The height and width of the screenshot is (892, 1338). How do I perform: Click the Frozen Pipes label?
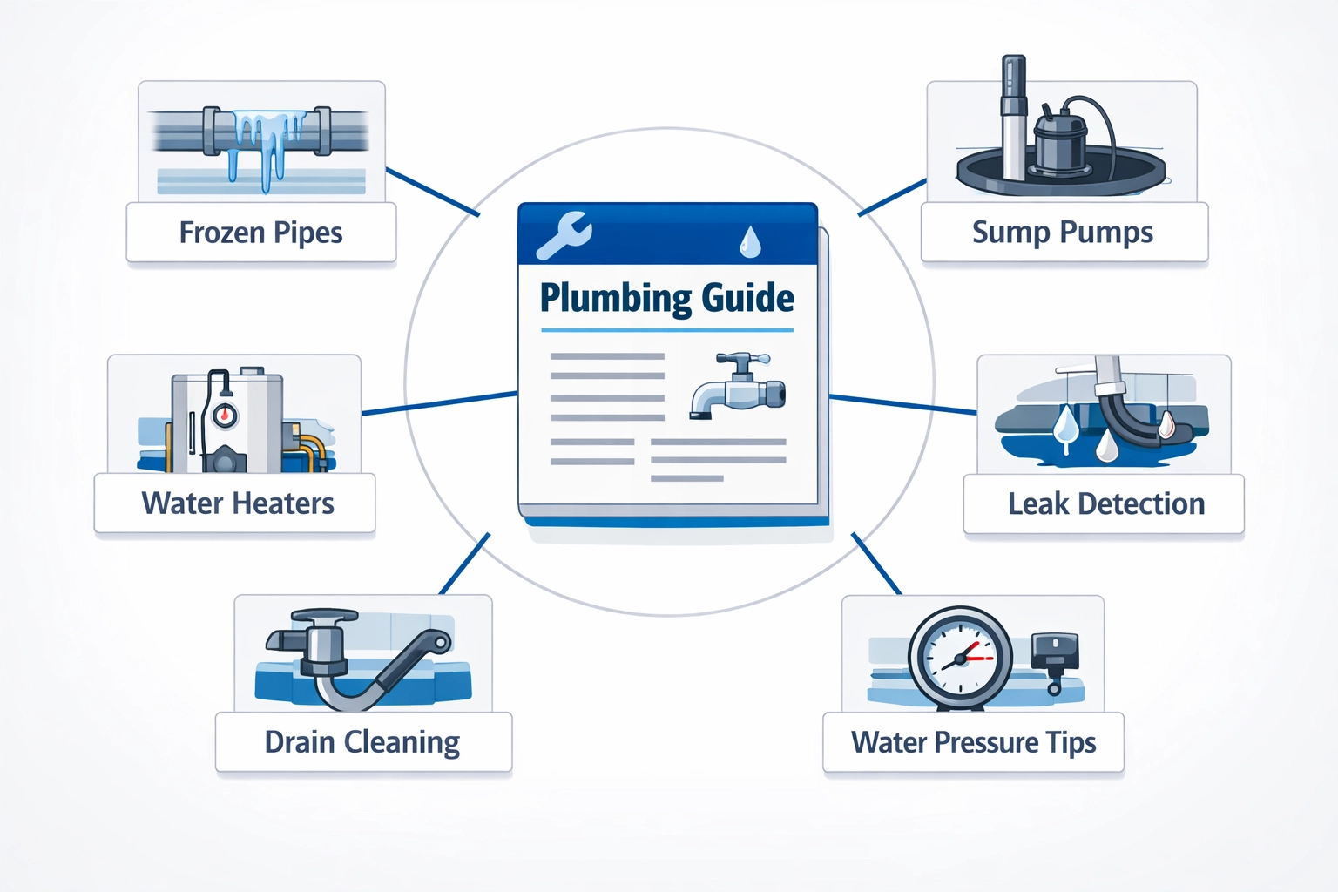[x=260, y=233]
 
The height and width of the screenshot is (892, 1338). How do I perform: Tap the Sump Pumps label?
[x=1062, y=233]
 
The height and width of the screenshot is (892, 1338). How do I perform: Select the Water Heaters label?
[x=237, y=503]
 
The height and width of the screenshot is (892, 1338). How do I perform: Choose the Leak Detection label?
[x=1105, y=503]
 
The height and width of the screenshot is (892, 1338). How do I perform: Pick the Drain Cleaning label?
[x=362, y=742]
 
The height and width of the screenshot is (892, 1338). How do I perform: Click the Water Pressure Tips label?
[x=973, y=742]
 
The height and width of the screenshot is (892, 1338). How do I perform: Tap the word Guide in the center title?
[x=748, y=299]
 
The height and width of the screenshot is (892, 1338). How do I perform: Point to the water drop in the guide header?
[x=749, y=243]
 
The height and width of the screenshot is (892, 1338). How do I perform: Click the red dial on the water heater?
[x=225, y=415]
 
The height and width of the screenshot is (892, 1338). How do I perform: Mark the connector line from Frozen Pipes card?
[x=432, y=192]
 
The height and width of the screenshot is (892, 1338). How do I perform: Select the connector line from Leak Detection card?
[x=902, y=404]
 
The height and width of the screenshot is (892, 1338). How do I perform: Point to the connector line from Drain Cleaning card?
[x=464, y=564]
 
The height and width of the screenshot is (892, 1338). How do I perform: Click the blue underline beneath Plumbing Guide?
[x=667, y=330]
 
